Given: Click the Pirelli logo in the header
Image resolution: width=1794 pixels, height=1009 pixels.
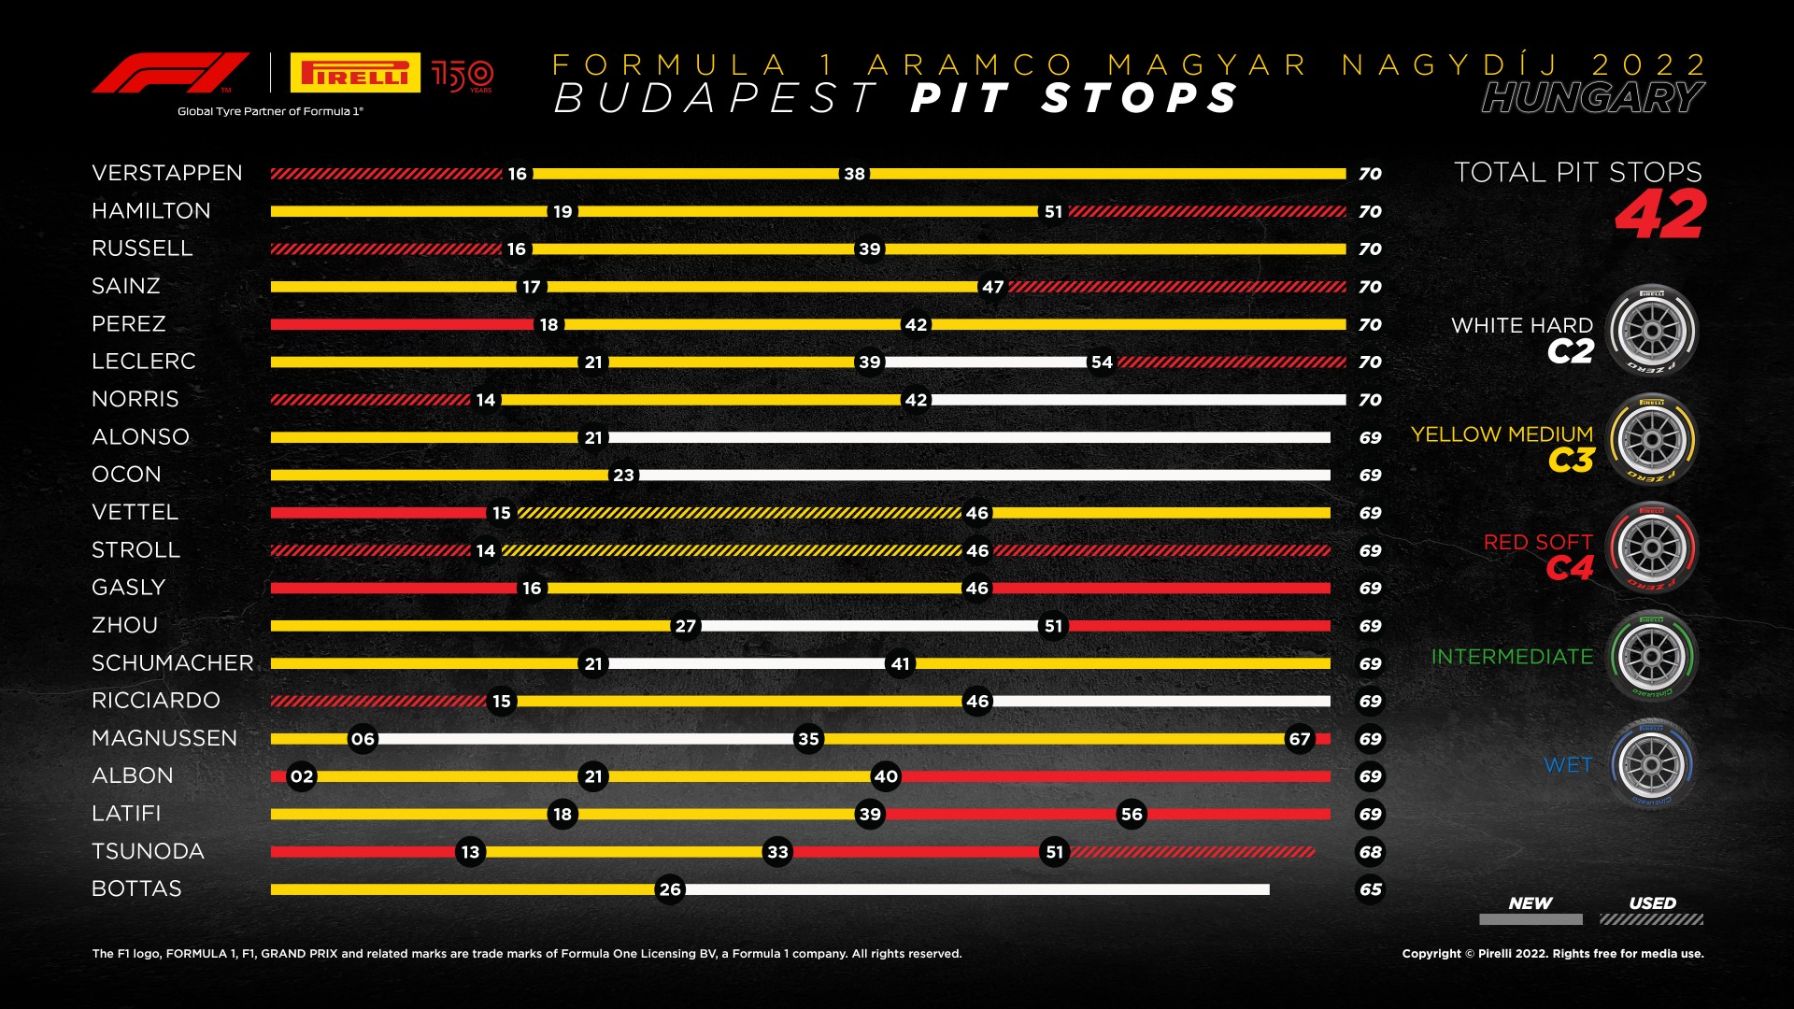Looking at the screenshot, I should pyautogui.click(x=355, y=73).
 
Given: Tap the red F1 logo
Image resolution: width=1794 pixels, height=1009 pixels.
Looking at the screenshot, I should pyautogui.click(x=170, y=73).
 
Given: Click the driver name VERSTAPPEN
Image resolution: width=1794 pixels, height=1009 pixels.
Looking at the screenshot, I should pyautogui.click(x=167, y=173).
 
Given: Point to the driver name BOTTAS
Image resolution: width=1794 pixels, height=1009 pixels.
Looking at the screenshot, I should pyautogui.click(x=136, y=888).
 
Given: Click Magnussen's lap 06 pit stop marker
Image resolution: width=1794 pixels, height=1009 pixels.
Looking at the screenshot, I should pyautogui.click(x=363, y=739).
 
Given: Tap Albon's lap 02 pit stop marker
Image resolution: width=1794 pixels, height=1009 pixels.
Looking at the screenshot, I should pyautogui.click(x=301, y=776).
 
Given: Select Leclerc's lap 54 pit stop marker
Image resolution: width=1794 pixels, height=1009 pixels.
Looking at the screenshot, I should pyautogui.click(x=1102, y=362).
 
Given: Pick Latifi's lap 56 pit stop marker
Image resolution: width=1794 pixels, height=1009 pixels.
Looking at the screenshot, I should pyautogui.click(x=1132, y=815).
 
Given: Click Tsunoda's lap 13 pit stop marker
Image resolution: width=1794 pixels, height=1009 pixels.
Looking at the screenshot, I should pyautogui.click(x=470, y=852).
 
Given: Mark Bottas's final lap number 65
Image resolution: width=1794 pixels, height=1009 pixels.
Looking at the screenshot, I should pyautogui.click(x=1370, y=889).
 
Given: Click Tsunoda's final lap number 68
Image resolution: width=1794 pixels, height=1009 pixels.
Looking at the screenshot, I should pyautogui.click(x=1370, y=852).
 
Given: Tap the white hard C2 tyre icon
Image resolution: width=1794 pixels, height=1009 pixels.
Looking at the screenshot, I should pyautogui.click(x=1651, y=331).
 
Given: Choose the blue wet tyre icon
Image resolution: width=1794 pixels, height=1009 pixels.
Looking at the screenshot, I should pyautogui.click(x=1651, y=764).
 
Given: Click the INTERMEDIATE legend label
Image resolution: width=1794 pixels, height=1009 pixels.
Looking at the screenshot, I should pyautogui.click(x=1512, y=657).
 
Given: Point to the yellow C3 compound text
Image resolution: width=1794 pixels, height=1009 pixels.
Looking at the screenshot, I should pyautogui.click(x=1571, y=461).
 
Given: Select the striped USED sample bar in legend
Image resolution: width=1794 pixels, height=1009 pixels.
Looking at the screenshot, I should pyautogui.click(x=1651, y=919).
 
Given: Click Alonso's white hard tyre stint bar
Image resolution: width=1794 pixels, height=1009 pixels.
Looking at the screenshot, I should pyautogui.click(x=969, y=437).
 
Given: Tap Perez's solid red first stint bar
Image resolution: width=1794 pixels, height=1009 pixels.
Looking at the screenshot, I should pyautogui.click(x=402, y=324).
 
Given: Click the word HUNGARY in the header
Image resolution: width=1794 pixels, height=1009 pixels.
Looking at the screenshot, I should pyautogui.click(x=1592, y=98).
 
